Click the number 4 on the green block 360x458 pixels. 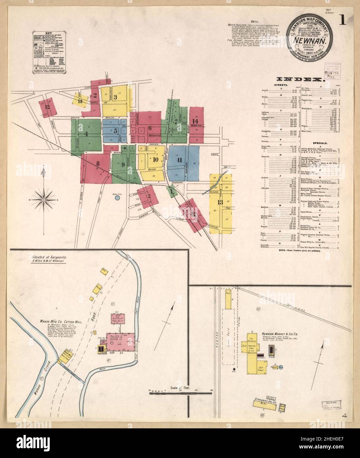[86, 134]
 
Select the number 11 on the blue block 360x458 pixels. [180, 160]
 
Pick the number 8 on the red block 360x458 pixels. [98, 163]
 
